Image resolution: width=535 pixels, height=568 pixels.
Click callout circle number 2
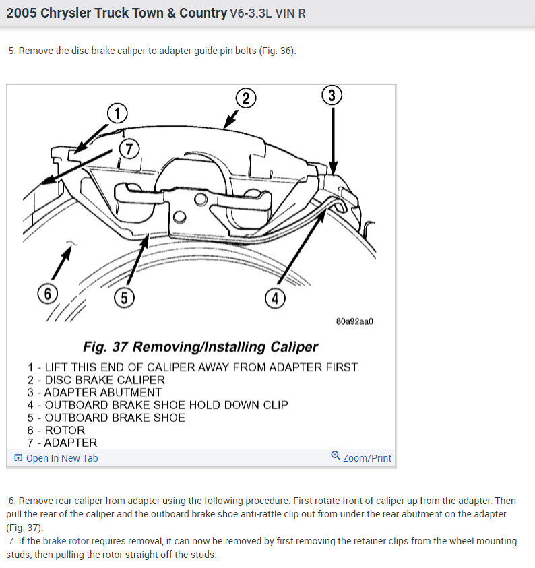coord(245,98)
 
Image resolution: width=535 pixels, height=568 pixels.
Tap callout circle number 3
coord(331,96)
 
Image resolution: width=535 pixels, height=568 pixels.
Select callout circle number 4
coord(275,297)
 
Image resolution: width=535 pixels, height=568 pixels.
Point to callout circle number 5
coord(125,298)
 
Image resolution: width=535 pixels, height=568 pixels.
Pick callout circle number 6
coord(47,294)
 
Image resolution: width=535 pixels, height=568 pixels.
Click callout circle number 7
coord(129,148)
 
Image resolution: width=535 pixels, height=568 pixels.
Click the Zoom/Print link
coord(367,458)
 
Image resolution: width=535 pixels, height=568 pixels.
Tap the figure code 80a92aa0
coord(354,321)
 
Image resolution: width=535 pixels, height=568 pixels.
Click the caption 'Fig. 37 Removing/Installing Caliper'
coord(200,347)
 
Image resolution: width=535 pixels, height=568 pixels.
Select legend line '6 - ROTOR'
coord(56,430)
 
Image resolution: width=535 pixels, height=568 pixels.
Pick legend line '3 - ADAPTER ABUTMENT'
coord(94,392)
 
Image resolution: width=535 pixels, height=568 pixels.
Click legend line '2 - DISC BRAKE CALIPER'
coord(96,379)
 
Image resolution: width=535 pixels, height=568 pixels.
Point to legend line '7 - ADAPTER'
coord(62,443)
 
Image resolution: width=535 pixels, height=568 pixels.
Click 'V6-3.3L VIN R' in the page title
coord(267,13)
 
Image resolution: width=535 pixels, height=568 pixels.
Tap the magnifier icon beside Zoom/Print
coord(336,457)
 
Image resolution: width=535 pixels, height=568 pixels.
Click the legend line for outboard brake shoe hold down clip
coord(158,405)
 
